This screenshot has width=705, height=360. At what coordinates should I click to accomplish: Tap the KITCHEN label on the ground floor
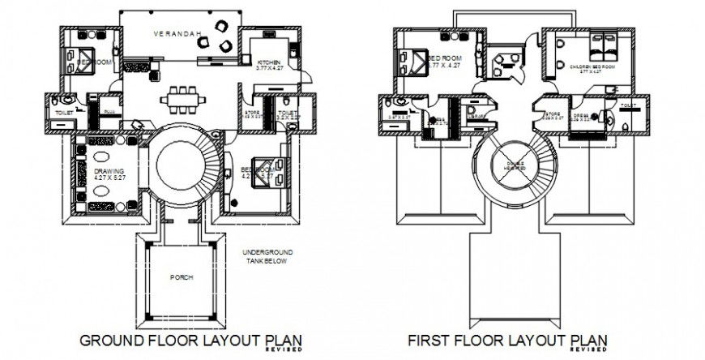coord(269,62)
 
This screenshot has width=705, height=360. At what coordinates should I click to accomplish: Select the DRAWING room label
coord(109,172)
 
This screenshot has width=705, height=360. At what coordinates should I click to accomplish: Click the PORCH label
coord(181,277)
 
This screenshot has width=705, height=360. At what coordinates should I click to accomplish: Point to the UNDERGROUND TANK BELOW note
coord(265,258)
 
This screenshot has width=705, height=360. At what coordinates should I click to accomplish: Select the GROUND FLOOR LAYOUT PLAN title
coord(182,339)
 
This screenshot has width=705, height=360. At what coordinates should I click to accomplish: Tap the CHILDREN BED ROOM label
coord(589,66)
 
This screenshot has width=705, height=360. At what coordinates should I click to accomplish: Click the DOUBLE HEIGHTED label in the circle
coord(516,164)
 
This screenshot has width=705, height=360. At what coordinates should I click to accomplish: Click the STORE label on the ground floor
coord(251,113)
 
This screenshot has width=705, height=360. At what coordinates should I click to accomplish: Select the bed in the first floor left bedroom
coord(412,62)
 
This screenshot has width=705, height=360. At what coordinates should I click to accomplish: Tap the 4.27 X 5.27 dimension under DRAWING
coord(109,179)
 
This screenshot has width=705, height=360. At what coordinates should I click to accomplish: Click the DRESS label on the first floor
coord(580,115)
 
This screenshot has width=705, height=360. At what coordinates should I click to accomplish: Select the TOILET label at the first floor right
coord(628,106)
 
